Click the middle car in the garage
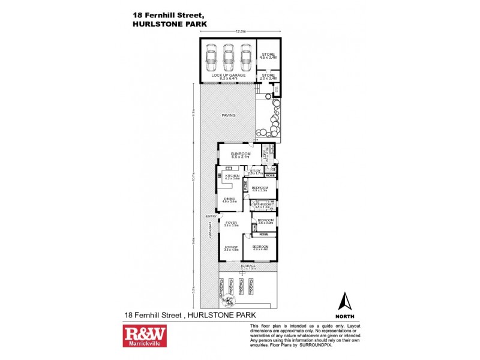coord(228,58)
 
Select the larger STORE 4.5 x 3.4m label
coord(268,56)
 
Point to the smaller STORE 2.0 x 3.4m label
coord(268,76)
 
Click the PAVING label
coord(228,115)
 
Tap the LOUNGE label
coord(231,247)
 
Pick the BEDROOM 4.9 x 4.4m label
coord(260,247)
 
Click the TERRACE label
coord(248,266)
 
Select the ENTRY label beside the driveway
coord(211,217)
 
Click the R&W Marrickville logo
coord(145,337)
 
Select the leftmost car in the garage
coord(211,58)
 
